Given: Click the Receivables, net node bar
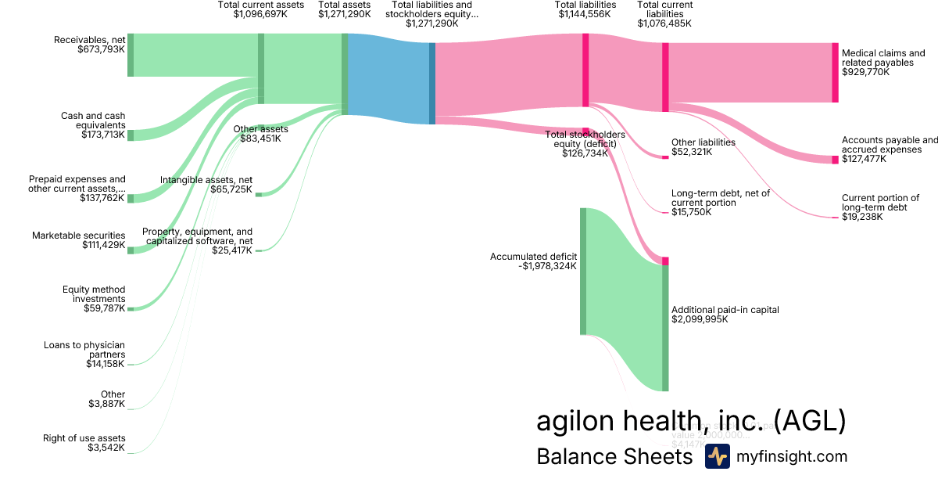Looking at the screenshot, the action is [x=131, y=55].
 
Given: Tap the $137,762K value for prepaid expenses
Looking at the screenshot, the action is [x=102, y=199].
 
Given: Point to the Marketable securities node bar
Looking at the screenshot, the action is [x=131, y=250].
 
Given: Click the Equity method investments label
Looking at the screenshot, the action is [x=94, y=294].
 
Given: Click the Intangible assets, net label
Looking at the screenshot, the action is [x=206, y=180].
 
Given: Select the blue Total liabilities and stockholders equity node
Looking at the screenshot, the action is [x=432, y=83].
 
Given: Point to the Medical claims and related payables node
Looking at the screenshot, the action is [x=835, y=72].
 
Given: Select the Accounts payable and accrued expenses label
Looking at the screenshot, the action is [x=889, y=145].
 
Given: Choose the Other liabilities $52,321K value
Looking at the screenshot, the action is [x=692, y=152].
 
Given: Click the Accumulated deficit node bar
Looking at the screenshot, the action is [x=583, y=271].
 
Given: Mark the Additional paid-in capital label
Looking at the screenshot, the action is [x=725, y=310].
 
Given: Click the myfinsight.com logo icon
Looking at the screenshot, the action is [x=717, y=456].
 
